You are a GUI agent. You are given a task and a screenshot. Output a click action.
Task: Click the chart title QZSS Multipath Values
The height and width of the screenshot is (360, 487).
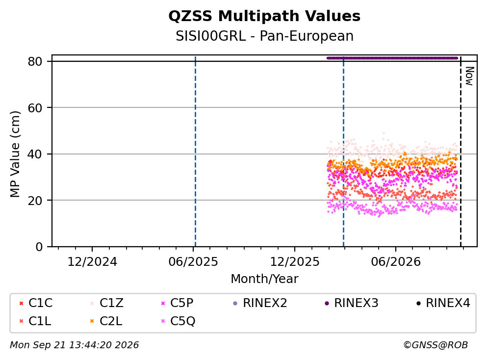tap(264, 16)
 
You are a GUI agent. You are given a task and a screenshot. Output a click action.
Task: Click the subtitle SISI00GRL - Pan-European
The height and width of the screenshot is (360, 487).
tap(265, 36)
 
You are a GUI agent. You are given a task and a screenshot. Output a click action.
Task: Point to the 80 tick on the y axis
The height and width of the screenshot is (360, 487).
tap(35, 61)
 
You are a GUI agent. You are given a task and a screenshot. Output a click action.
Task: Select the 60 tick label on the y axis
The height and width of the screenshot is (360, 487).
tap(35, 108)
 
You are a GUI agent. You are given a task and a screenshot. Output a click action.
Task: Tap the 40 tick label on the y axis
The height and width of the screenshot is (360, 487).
tap(35, 154)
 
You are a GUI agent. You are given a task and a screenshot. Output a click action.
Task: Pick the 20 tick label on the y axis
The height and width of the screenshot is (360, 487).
tap(35, 200)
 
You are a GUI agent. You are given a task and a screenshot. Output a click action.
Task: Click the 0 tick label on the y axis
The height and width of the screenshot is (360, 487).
tap(39, 247)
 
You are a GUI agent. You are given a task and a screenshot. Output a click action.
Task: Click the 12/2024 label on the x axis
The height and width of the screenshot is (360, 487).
tap(92, 262)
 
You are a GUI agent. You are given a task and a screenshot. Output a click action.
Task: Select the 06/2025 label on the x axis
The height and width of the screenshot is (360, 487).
tap(193, 262)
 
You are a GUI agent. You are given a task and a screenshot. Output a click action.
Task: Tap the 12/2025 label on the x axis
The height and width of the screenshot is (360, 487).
tap(294, 262)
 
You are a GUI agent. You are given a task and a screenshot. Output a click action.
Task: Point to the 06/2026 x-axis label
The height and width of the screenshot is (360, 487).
tap(396, 262)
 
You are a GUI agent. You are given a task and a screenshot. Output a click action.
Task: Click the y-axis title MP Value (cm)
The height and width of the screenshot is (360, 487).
tap(15, 154)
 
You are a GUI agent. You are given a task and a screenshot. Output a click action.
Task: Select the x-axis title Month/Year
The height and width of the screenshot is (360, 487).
tap(264, 279)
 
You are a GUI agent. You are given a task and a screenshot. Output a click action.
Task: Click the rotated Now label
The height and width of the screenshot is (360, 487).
tap(469, 76)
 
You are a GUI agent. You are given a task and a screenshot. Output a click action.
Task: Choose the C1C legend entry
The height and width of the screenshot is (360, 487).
tap(36, 303)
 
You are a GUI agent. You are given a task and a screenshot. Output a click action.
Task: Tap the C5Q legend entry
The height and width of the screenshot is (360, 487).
tap(178, 321)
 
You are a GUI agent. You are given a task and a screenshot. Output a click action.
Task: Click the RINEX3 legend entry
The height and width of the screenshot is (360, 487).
tap(352, 303)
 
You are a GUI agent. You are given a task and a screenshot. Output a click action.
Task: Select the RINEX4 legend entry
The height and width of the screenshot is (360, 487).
tap(443, 303)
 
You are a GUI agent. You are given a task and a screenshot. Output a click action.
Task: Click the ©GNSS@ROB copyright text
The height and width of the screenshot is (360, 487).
tap(436, 345)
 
